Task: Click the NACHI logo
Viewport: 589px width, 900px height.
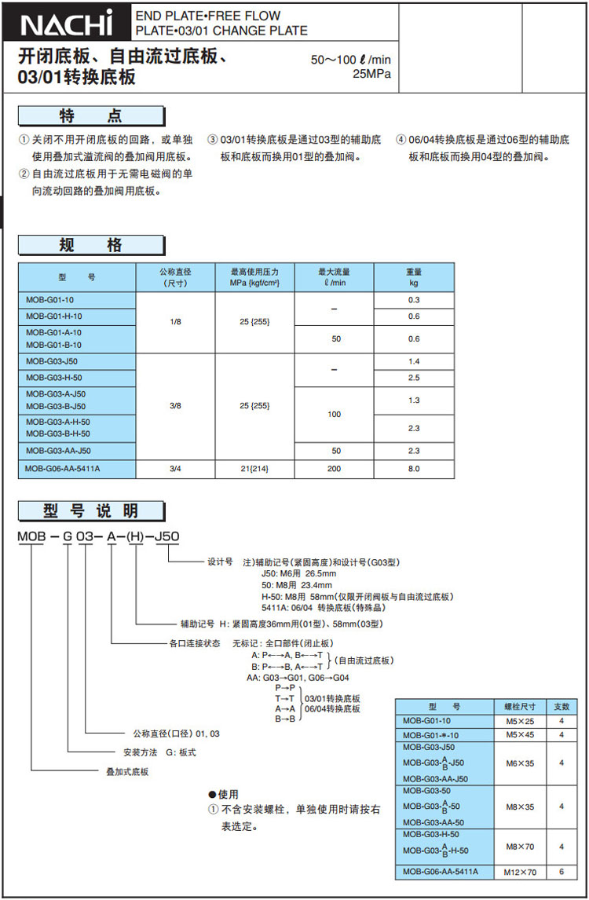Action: click(68, 25)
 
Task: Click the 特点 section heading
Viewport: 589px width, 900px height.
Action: click(91, 116)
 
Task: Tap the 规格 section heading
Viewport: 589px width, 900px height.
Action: click(91, 245)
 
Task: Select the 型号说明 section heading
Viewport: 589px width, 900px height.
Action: click(91, 511)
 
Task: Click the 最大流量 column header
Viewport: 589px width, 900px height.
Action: click(334, 276)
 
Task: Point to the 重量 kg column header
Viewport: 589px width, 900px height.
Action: click(414, 276)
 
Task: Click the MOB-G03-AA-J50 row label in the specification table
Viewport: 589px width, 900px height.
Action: click(58, 451)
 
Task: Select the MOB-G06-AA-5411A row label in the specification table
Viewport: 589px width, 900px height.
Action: click(63, 469)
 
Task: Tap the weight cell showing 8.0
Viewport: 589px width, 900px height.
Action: click(414, 469)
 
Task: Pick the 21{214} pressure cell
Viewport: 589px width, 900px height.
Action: click(254, 469)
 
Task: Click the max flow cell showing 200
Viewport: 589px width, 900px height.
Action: click(334, 469)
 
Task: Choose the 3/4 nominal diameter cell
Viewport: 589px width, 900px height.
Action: click(175, 469)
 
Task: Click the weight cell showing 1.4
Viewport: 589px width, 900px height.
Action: click(414, 361)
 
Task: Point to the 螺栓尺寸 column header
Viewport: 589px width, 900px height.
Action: click(519, 706)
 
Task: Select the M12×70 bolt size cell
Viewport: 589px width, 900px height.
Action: click(519, 872)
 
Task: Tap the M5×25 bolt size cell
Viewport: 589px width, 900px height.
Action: click(519, 720)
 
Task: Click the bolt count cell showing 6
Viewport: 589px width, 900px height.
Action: click(562, 872)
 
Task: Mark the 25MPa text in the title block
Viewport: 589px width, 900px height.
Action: click(371, 75)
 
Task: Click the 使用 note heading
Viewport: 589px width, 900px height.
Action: click(224, 794)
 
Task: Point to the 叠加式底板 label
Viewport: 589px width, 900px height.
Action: click(127, 772)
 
